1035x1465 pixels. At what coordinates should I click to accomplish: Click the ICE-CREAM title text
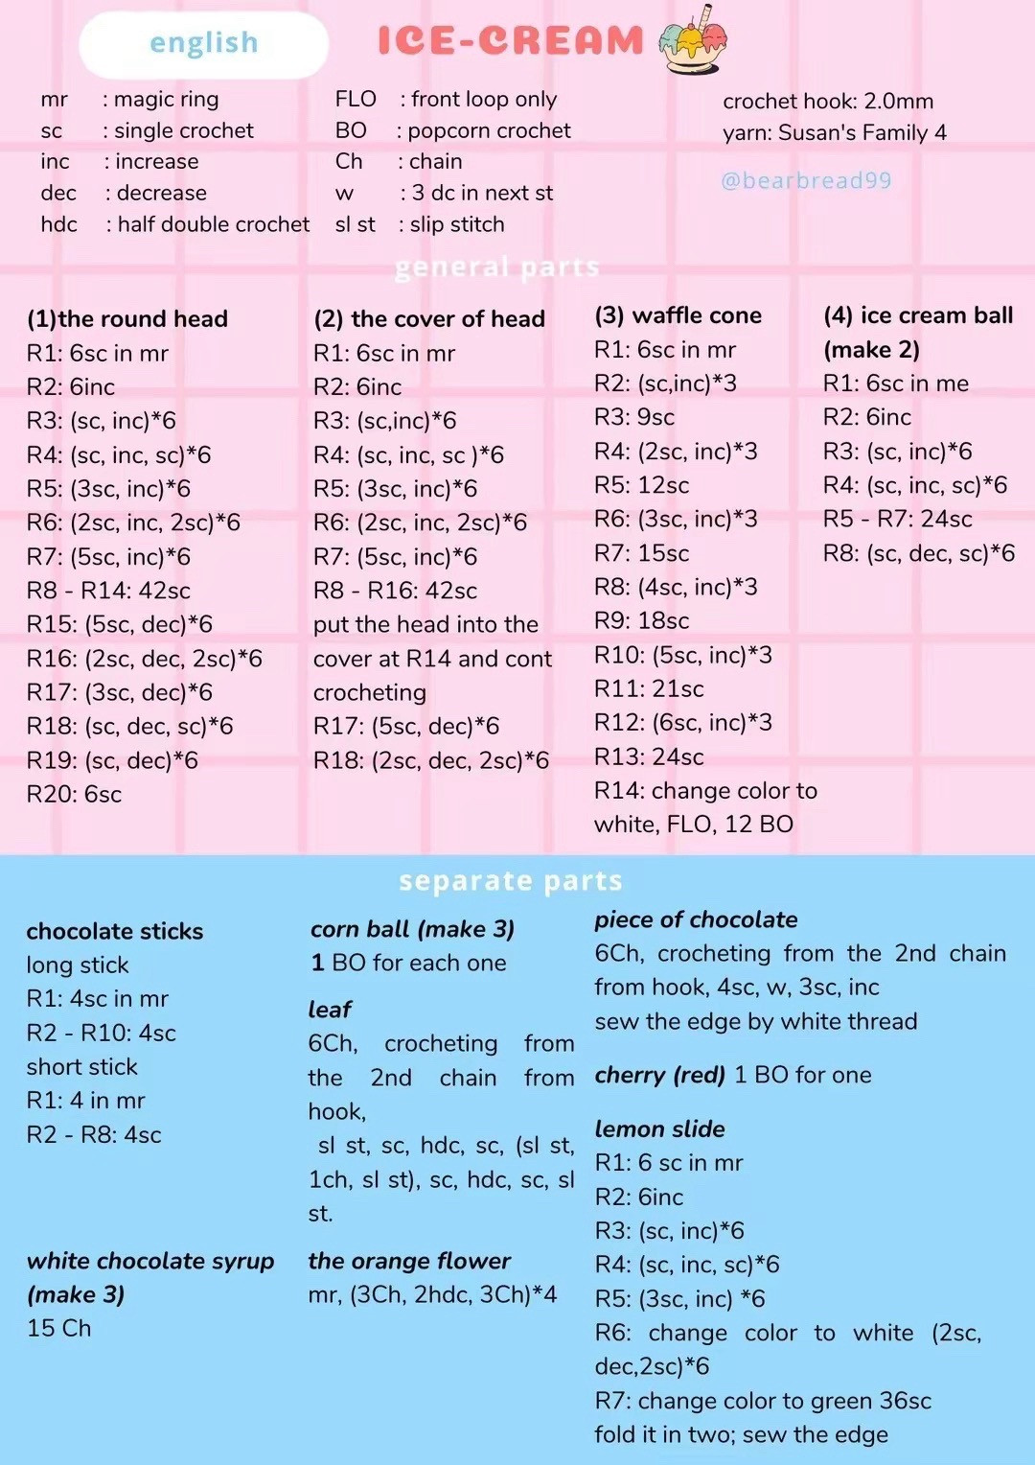(x=510, y=40)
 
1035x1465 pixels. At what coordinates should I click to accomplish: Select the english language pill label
(x=203, y=43)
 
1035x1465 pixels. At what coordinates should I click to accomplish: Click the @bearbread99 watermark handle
(x=806, y=180)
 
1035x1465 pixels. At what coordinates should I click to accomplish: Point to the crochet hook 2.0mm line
(x=828, y=101)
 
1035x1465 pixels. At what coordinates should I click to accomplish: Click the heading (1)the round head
(x=127, y=318)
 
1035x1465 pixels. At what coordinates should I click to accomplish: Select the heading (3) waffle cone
(x=678, y=315)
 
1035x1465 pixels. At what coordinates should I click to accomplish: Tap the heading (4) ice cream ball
(x=918, y=315)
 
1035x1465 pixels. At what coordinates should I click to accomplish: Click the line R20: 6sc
(x=75, y=794)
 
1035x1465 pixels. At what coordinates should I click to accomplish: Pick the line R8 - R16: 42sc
(x=395, y=591)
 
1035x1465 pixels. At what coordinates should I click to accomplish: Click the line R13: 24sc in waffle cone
(x=649, y=756)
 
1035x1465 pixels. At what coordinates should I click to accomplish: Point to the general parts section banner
(x=497, y=267)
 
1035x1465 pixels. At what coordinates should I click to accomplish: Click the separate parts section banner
(x=511, y=880)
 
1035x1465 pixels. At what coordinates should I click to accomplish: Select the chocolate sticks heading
(x=115, y=931)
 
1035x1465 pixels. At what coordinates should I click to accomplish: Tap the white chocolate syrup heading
(x=150, y=1261)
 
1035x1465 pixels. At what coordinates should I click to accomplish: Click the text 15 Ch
(x=59, y=1328)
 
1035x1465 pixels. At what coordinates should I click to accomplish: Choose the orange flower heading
(x=409, y=1261)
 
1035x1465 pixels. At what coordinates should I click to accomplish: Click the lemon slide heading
(x=659, y=1128)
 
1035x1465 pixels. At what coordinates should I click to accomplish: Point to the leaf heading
(x=330, y=1010)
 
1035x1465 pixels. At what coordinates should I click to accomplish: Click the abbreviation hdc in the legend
(x=59, y=224)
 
